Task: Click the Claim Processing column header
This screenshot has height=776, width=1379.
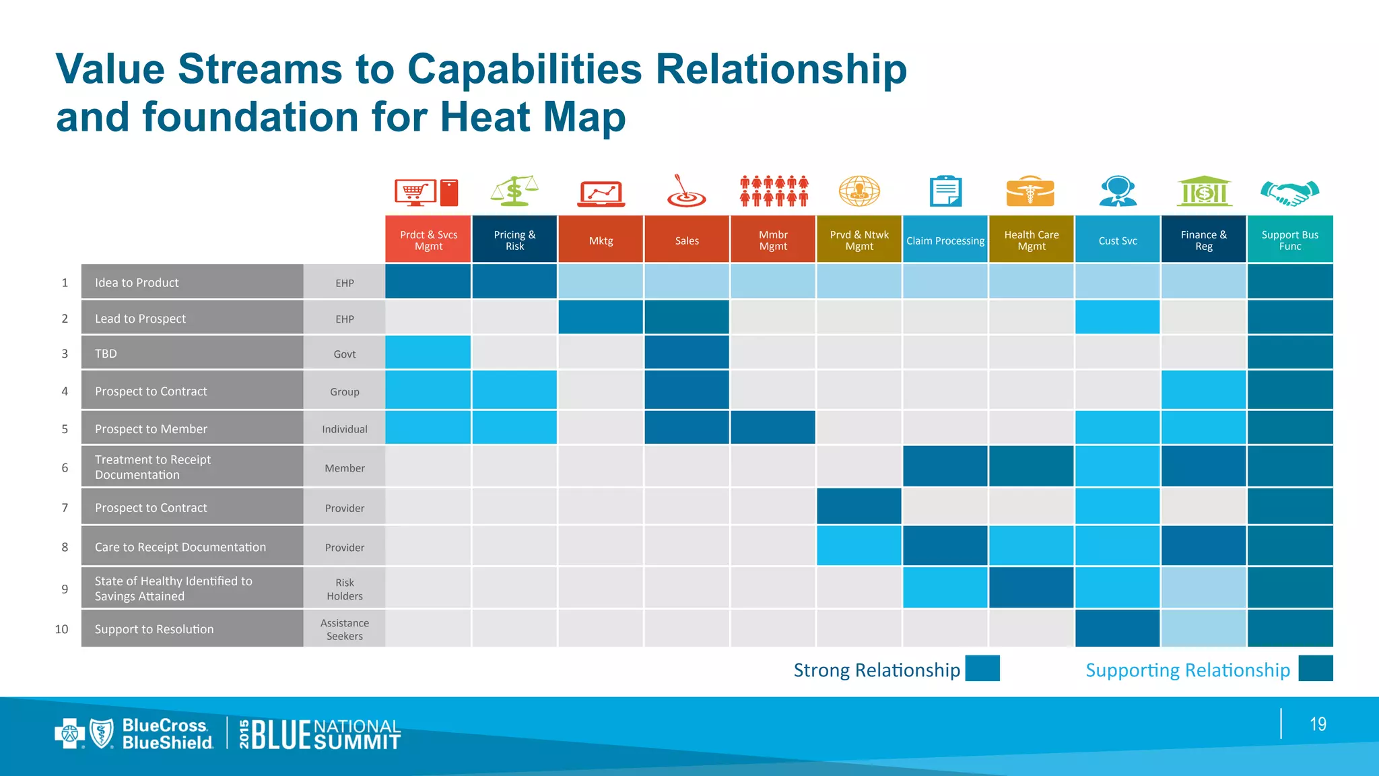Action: (945, 240)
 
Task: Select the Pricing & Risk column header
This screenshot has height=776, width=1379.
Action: (514, 240)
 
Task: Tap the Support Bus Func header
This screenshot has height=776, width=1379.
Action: (1289, 240)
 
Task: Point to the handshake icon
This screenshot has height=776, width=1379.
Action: (1289, 193)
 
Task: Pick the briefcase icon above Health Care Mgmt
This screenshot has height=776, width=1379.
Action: (1030, 191)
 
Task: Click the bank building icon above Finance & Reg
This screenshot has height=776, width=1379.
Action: (1204, 191)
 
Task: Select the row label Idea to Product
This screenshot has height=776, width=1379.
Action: (137, 283)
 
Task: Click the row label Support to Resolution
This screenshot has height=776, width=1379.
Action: (154, 629)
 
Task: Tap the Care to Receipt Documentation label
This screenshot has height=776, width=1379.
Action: (180, 547)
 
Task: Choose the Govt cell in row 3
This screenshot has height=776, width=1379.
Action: (344, 354)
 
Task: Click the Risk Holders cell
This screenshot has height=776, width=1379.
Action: (344, 589)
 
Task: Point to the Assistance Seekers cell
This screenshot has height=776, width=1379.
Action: (344, 629)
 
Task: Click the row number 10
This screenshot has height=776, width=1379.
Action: (61, 629)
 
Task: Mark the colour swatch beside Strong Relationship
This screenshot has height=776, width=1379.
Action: (982, 668)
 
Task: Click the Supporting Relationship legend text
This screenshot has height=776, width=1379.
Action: (1187, 670)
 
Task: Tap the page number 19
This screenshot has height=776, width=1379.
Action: (1318, 724)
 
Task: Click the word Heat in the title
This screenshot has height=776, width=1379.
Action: (485, 117)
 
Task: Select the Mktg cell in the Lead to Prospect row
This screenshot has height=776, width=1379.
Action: (601, 317)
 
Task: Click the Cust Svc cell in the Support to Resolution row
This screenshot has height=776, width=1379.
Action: (1117, 628)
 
